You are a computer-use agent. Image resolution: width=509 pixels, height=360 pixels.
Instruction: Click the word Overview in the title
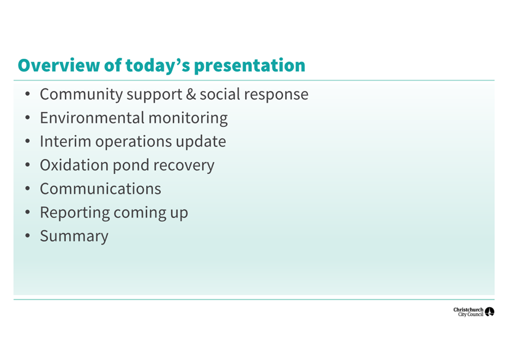click(x=59, y=65)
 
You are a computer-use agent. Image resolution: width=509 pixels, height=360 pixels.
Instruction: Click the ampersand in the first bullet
click(x=191, y=94)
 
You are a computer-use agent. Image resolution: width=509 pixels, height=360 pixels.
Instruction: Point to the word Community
click(x=81, y=95)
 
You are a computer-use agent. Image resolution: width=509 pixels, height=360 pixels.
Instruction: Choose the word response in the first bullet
click(x=276, y=95)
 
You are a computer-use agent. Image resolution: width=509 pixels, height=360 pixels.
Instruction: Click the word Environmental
click(x=92, y=118)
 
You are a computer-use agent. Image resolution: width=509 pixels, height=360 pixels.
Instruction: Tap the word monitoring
click(x=188, y=119)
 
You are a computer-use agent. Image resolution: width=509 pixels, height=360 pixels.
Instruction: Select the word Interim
click(x=65, y=142)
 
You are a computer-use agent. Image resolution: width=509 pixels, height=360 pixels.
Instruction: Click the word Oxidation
click(x=74, y=165)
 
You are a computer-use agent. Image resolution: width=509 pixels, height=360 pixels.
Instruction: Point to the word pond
click(x=131, y=166)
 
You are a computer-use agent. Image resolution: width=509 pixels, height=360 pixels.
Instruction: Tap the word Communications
click(x=100, y=189)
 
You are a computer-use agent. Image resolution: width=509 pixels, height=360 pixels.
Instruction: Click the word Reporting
click(x=75, y=213)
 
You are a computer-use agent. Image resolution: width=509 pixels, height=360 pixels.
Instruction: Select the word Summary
click(x=74, y=237)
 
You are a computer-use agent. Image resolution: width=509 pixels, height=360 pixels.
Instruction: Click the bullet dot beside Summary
click(x=28, y=236)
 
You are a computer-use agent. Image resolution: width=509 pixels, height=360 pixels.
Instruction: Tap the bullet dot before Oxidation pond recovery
click(x=28, y=165)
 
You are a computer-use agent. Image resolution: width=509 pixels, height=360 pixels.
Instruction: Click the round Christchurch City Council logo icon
click(x=489, y=312)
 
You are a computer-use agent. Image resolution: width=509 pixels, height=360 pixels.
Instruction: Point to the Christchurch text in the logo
click(x=468, y=310)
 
